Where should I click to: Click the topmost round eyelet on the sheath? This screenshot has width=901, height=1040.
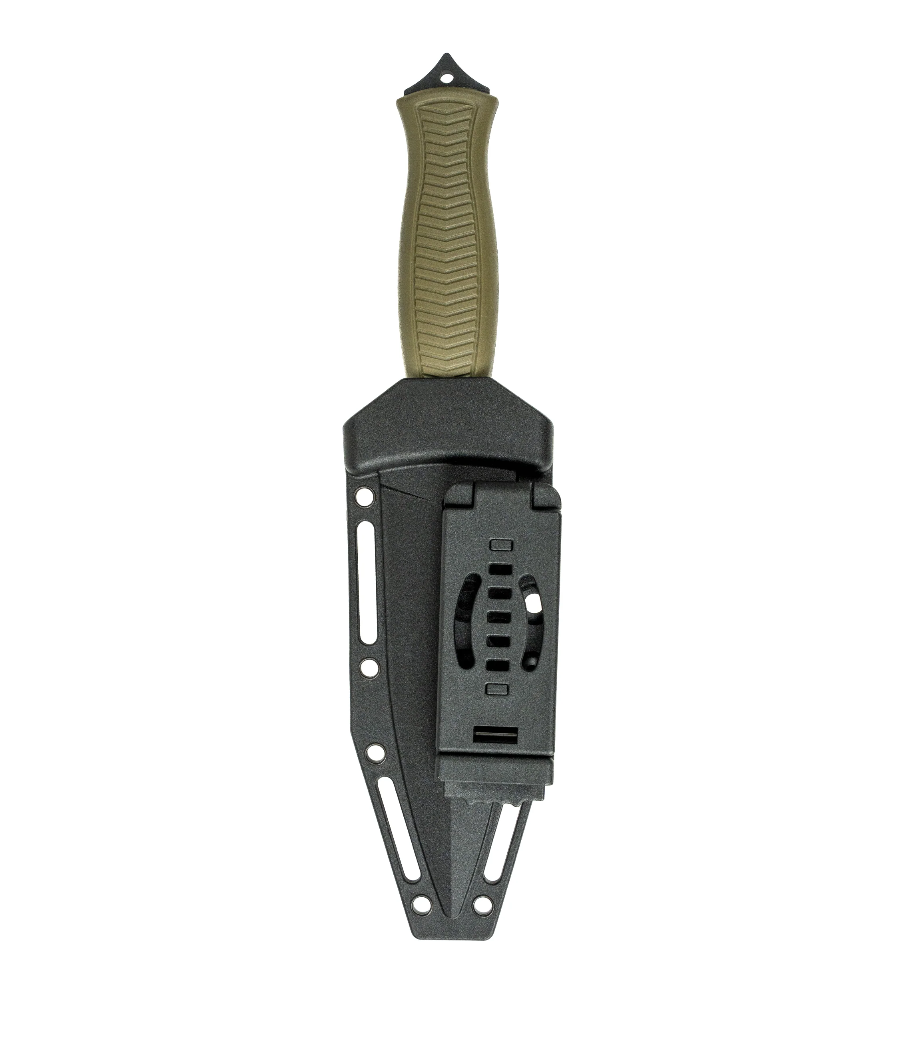click(365, 498)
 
